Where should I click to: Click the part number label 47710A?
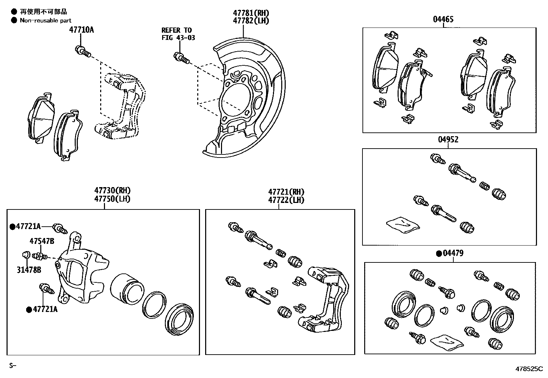tap(81, 30)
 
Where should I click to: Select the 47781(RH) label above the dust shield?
tap(251, 13)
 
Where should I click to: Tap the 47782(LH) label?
tap(251, 21)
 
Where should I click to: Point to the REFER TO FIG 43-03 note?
tap(178, 34)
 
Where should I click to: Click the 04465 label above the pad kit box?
tap(443, 19)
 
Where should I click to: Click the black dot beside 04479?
tap(439, 253)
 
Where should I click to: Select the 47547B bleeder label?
tap(42, 241)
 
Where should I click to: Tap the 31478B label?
tap(29, 270)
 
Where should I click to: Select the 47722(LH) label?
tap(286, 200)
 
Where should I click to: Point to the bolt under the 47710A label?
tap(82, 51)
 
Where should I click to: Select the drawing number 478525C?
tap(529, 369)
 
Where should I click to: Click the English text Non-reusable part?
tap(45, 21)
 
